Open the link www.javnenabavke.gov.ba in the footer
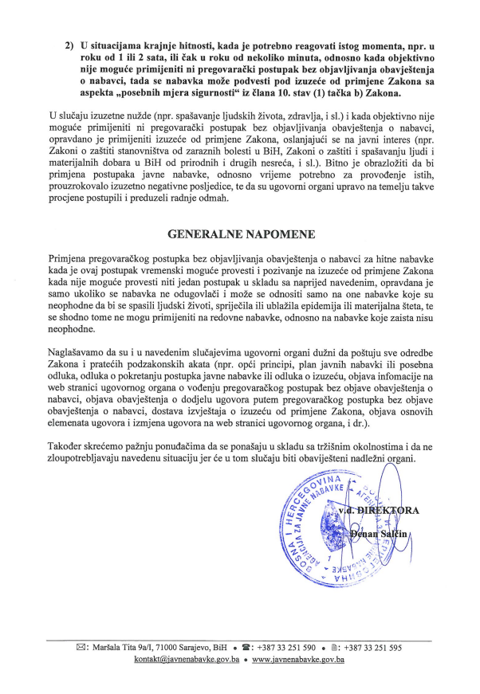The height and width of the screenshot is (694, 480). [x=297, y=661]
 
